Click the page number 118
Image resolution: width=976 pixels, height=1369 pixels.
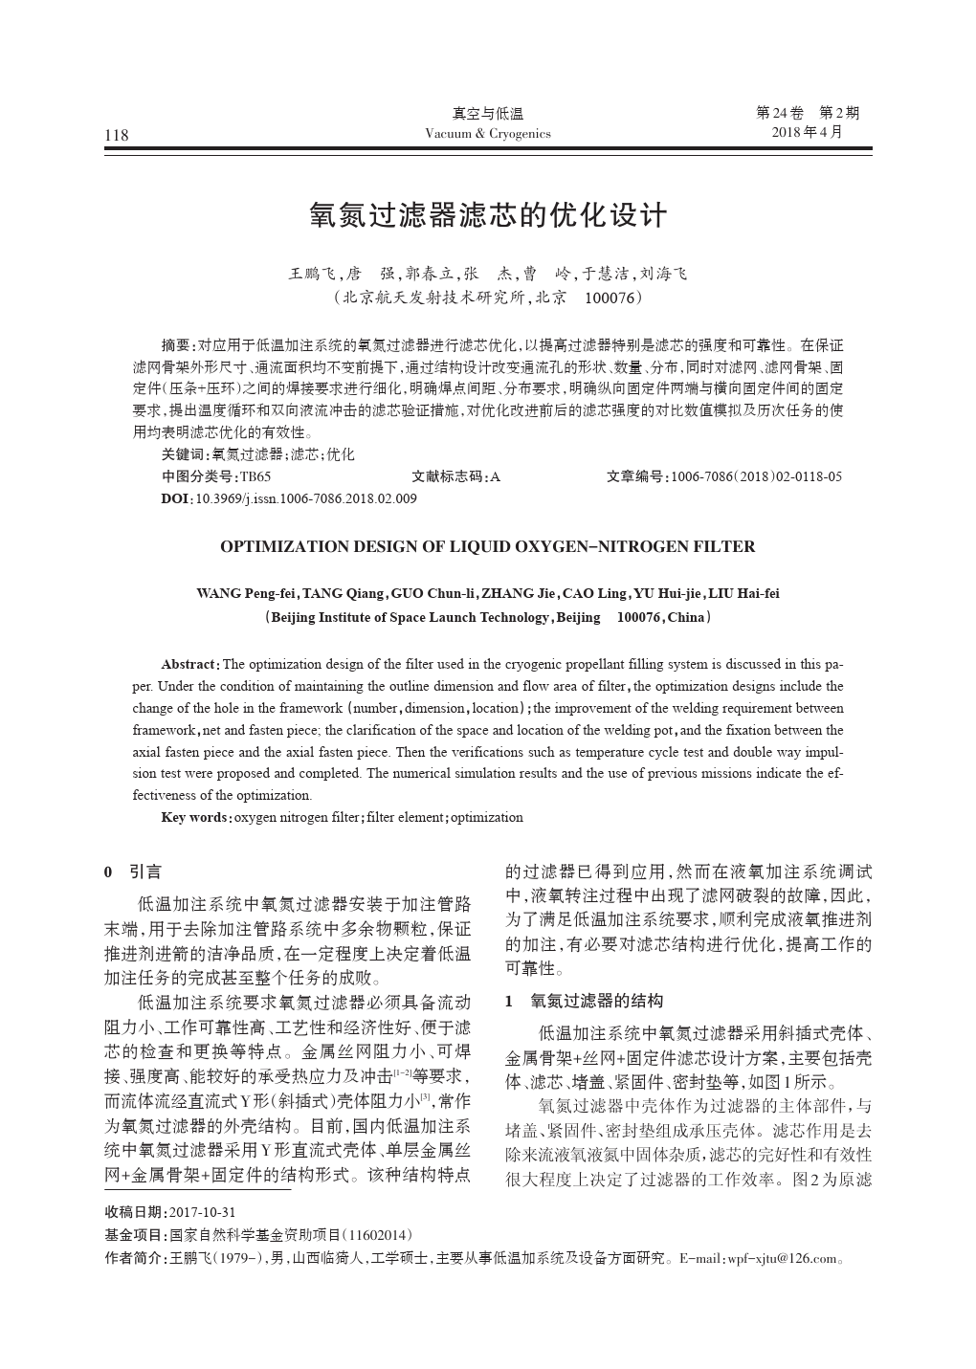[x=117, y=135]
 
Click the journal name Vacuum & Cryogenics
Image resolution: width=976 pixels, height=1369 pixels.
[x=487, y=134]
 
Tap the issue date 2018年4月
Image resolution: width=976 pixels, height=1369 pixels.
[x=808, y=132]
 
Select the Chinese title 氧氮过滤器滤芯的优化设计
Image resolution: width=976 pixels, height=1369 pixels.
[x=487, y=215]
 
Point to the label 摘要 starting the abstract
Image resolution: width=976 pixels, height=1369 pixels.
[x=177, y=345]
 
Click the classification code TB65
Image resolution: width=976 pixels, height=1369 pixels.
[x=255, y=476]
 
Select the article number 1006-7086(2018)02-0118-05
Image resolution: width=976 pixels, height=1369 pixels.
[x=757, y=476]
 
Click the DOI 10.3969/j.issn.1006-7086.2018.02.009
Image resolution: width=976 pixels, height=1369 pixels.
[x=305, y=498]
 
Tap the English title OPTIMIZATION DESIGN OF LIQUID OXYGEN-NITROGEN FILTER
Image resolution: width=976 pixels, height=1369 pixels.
[x=487, y=547]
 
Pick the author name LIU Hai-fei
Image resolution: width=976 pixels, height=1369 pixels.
[x=743, y=593]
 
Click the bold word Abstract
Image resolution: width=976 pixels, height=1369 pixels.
[x=189, y=664]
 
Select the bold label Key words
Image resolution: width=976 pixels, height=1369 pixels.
[x=194, y=818]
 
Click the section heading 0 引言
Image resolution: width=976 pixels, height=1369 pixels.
[x=133, y=872]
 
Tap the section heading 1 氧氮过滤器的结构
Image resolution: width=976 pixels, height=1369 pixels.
[x=584, y=1001]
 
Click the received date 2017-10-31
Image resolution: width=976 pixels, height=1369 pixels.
[x=202, y=1212]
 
